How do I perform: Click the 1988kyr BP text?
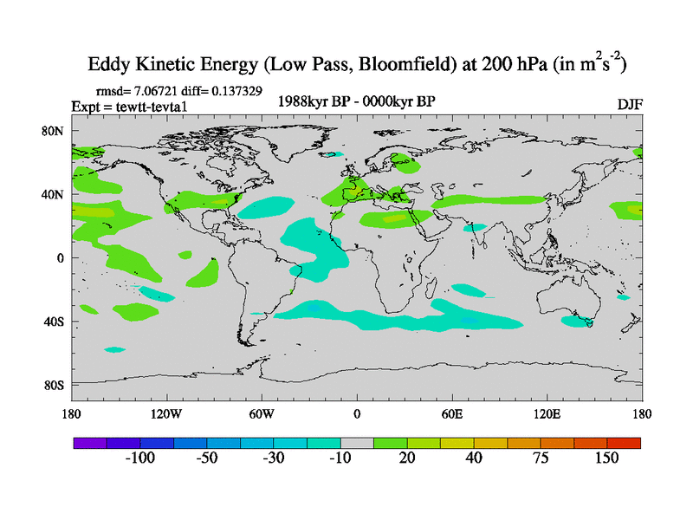click(314, 101)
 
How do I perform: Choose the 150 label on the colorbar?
click(606, 458)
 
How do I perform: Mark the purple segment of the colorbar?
click(89, 442)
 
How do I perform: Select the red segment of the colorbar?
click(624, 442)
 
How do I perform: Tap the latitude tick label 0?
click(62, 258)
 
